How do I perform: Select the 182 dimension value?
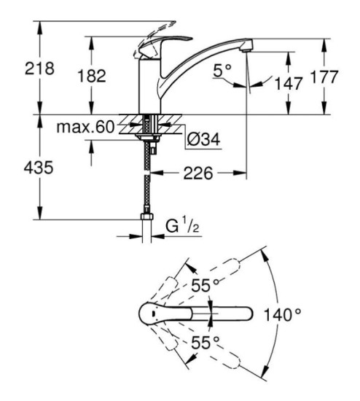pos(92,76)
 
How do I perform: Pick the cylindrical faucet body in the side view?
pos(148,87)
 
